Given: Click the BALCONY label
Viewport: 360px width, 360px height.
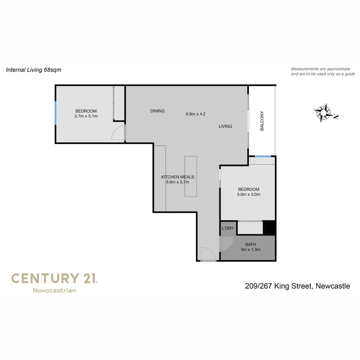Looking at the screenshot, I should click(x=262, y=121).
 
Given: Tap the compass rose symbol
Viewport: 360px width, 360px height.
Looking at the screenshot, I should click(x=324, y=113).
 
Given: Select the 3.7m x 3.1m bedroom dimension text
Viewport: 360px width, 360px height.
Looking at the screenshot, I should click(x=86, y=116).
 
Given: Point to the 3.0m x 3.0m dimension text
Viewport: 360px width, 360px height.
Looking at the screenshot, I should click(x=249, y=194).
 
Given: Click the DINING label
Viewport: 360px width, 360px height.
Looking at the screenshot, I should click(x=157, y=111).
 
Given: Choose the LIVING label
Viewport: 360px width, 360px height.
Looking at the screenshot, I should click(x=225, y=126).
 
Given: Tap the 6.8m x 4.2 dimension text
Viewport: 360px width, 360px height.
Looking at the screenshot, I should click(x=196, y=114).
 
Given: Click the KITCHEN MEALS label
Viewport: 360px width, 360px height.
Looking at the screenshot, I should click(x=177, y=177).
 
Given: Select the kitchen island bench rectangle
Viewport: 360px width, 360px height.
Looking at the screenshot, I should click(x=191, y=176).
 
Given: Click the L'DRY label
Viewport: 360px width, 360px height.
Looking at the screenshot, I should click(x=228, y=228).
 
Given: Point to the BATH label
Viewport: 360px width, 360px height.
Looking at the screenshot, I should click(x=250, y=244).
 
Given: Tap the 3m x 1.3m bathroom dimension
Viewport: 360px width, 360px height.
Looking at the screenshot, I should click(x=250, y=249).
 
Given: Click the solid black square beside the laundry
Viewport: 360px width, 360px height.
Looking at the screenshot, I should click(x=269, y=228).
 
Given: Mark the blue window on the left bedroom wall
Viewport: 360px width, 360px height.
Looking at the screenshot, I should click(x=56, y=113).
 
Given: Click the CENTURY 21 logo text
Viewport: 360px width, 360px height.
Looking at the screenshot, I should click(x=54, y=278).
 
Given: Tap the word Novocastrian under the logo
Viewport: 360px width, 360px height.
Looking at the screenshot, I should click(x=54, y=290).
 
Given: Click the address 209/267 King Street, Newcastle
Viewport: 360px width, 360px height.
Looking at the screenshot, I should click(x=297, y=286).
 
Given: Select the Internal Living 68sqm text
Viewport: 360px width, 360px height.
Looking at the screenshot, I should click(x=34, y=70).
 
